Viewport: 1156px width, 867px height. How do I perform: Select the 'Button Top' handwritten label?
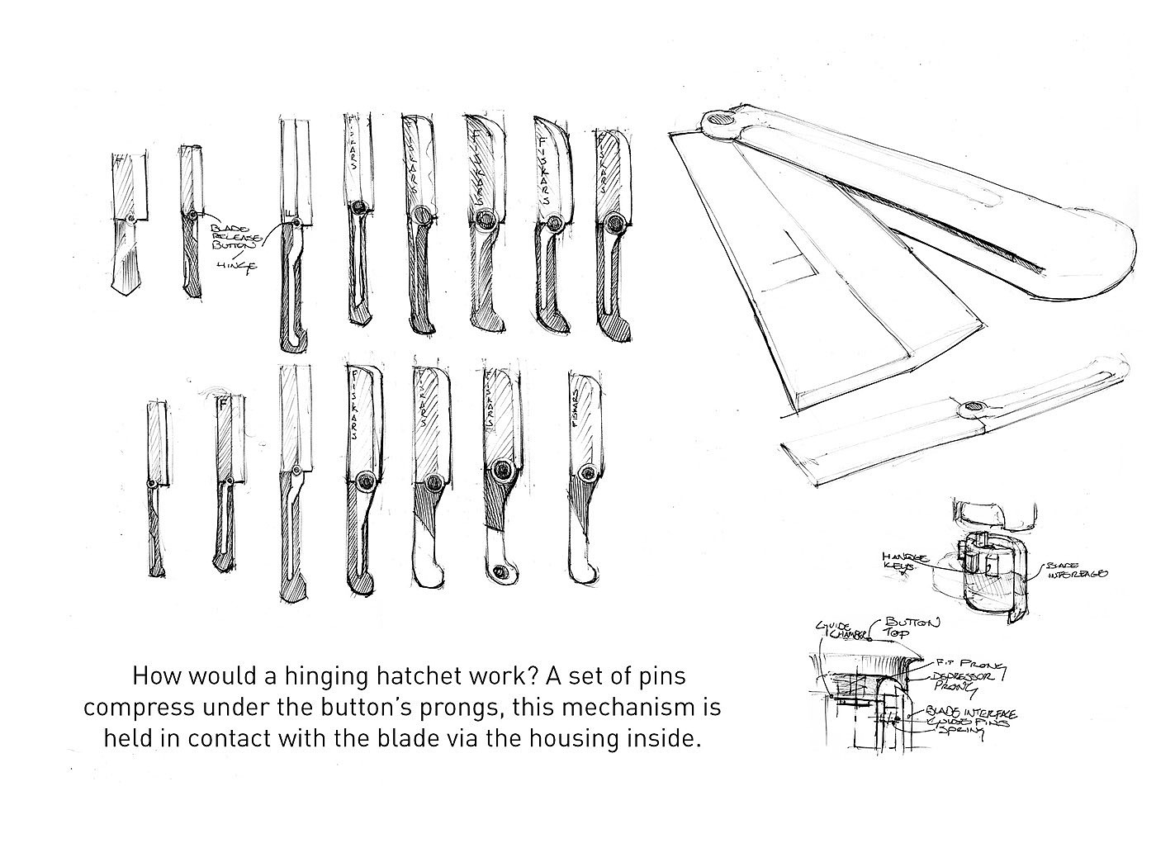[912, 628]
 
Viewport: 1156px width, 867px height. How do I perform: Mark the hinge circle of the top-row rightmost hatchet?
[612, 222]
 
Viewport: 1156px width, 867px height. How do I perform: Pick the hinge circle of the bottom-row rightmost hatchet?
[587, 472]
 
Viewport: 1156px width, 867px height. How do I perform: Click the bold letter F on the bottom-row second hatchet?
[222, 405]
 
